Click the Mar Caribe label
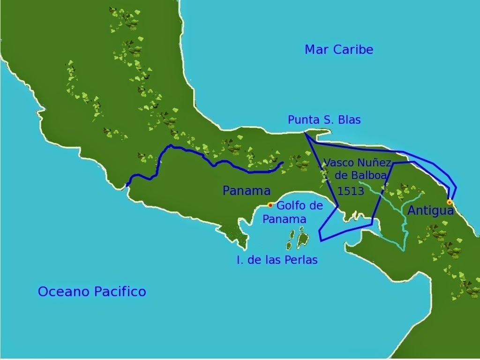[339, 50]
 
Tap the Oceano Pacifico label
[92, 292]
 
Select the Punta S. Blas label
[324, 120]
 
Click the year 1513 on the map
[351, 191]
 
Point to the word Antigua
[430, 211]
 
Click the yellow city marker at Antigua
[449, 202]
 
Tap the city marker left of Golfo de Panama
[270, 205]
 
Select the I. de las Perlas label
[277, 260]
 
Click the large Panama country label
[247, 191]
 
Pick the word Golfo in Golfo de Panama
[290, 205]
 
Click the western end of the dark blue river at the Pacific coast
[127, 186]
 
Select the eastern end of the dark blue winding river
[283, 163]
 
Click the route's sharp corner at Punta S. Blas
[304, 133]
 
